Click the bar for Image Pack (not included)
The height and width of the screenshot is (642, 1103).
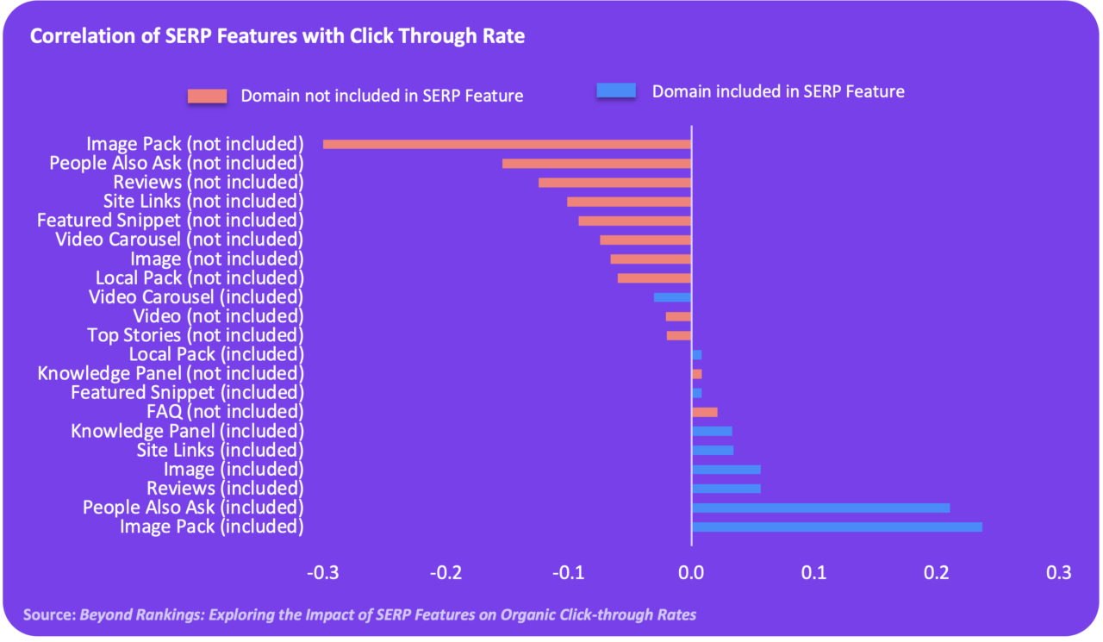pyautogui.click(x=507, y=144)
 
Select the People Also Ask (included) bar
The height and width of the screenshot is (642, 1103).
pyautogui.click(x=820, y=508)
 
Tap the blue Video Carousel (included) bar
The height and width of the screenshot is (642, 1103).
pyautogui.click(x=672, y=297)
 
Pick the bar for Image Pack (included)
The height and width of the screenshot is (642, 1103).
pyautogui.click(x=837, y=527)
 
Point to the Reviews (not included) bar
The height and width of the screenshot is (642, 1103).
pyautogui.click(x=614, y=183)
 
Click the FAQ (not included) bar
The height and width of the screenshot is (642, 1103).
pyautogui.click(x=704, y=412)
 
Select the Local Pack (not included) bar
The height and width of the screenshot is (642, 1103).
pyautogui.click(x=654, y=277)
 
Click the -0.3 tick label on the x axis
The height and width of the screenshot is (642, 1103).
pyautogui.click(x=323, y=573)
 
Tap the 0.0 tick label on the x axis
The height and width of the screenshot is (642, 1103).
pyautogui.click(x=691, y=573)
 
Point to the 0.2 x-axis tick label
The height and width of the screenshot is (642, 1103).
pyautogui.click(x=937, y=573)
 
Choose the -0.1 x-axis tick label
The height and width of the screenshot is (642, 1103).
pyautogui.click(x=568, y=573)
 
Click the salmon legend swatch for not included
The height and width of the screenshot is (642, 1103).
pyautogui.click(x=207, y=96)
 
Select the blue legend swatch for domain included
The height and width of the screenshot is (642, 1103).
pyautogui.click(x=616, y=90)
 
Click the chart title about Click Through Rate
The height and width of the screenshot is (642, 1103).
pyautogui.click(x=277, y=36)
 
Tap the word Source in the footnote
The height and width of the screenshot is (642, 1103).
pyautogui.click(x=48, y=615)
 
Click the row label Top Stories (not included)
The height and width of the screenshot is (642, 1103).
pyautogui.click(x=196, y=335)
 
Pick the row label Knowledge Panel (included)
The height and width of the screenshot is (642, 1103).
pyautogui.click(x=187, y=431)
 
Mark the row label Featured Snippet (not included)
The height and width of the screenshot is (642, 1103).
pyautogui.click(x=170, y=221)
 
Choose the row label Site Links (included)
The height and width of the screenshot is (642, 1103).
pyautogui.click(x=220, y=450)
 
